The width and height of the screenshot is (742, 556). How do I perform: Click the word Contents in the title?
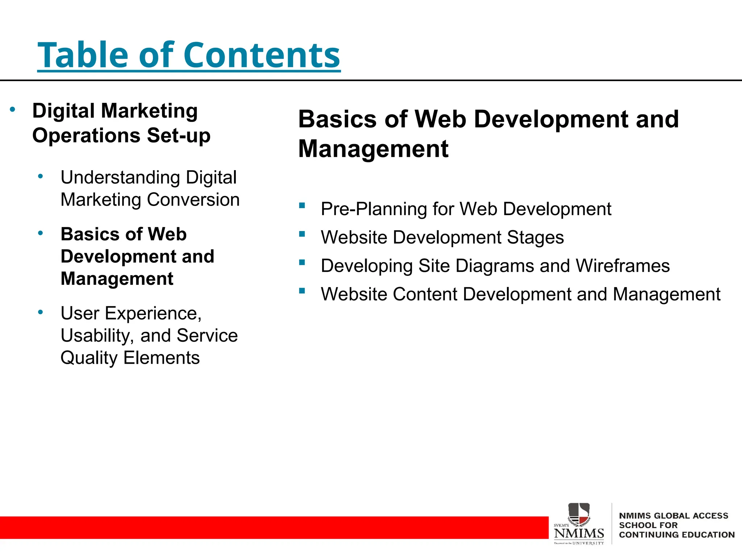tap(262, 55)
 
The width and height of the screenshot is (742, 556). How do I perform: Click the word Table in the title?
tap(83, 55)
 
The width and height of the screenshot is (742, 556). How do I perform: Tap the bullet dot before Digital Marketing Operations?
tap(13, 109)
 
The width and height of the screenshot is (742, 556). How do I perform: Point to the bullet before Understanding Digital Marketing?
tap(41, 177)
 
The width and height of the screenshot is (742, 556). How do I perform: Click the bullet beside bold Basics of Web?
tap(41, 233)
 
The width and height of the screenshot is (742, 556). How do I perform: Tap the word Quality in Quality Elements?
tap(89, 358)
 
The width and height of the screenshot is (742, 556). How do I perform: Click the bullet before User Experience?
tap(41, 312)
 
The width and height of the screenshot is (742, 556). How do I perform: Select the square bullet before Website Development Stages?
tap(302, 234)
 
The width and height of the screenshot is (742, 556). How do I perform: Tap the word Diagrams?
tap(495, 266)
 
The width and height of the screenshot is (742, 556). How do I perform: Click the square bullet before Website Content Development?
tap(302, 290)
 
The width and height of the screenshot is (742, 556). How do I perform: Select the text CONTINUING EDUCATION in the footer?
tap(676, 535)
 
